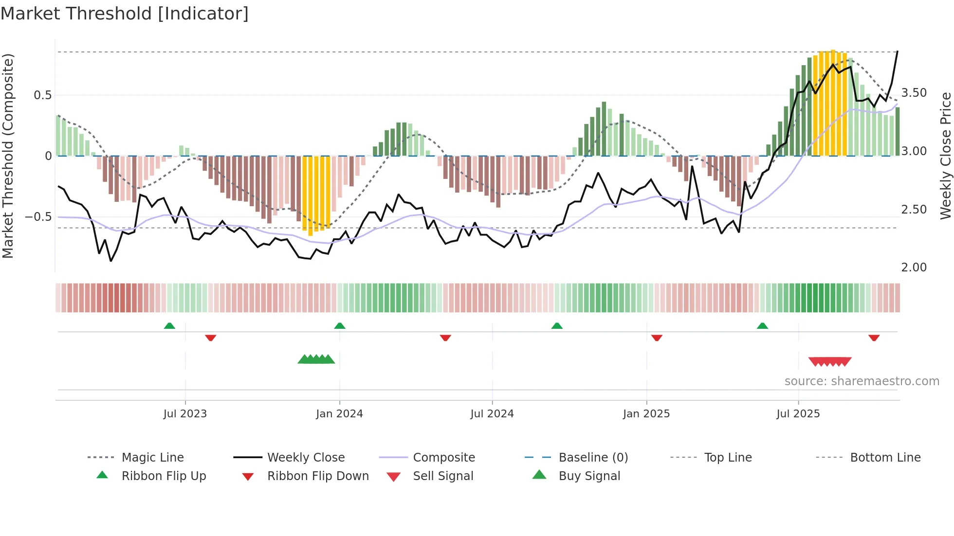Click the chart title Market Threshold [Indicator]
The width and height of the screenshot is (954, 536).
pos(125,14)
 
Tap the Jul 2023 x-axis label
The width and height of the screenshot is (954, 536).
pos(185,414)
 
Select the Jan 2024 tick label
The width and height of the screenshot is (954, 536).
pos(339,414)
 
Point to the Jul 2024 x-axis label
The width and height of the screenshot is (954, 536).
pos(492,414)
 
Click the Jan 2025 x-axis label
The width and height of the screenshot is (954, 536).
pos(646,414)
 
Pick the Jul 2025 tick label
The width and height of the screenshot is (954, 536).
pos(798,414)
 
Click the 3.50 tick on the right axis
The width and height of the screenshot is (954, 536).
pos(914,93)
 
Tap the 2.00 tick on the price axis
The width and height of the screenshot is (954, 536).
pos(914,268)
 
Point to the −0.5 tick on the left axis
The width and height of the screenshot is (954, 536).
pos(38,216)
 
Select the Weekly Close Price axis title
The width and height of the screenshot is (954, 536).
pos(945,156)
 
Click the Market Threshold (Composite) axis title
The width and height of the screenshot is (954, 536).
pos(8,156)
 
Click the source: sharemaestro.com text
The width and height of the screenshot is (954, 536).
pos(862,381)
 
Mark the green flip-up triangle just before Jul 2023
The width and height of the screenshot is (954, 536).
pos(169,326)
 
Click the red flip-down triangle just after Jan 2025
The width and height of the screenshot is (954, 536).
pos(657,338)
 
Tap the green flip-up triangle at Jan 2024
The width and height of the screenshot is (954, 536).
pos(340,326)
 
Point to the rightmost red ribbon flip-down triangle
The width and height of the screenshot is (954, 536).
pos(874,338)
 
